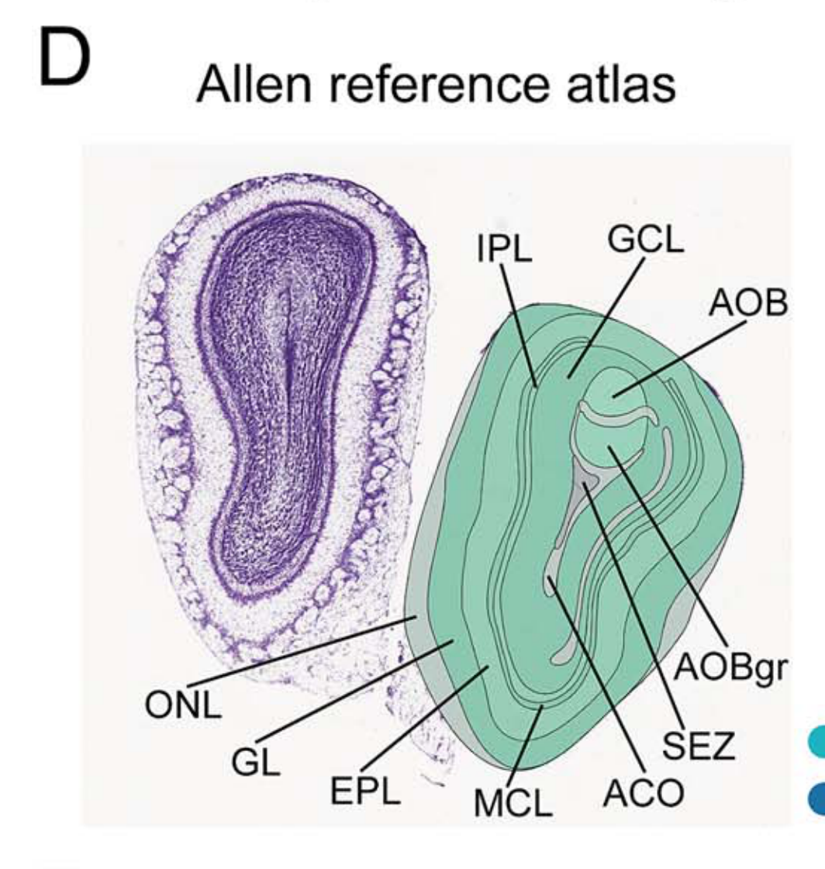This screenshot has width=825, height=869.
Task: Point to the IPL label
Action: coord(504,252)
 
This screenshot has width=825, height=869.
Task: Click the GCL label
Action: coord(645,240)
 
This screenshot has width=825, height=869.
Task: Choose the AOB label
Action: coord(747,305)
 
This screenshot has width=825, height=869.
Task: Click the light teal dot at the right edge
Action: coord(817,742)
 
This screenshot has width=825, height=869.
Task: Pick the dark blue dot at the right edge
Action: coord(817,798)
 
